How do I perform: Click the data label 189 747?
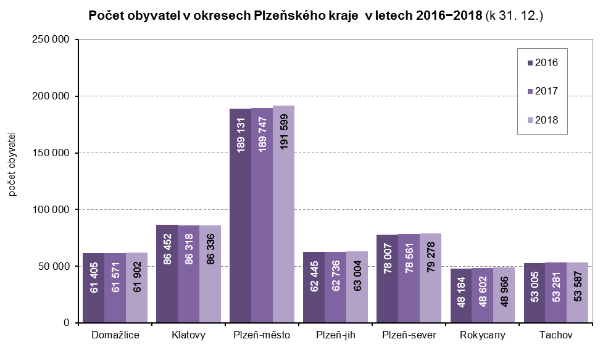click(x=262, y=133)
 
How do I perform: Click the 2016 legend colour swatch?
click(x=530, y=62)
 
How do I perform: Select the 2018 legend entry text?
click(x=546, y=120)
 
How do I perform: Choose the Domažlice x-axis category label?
click(x=115, y=335)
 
